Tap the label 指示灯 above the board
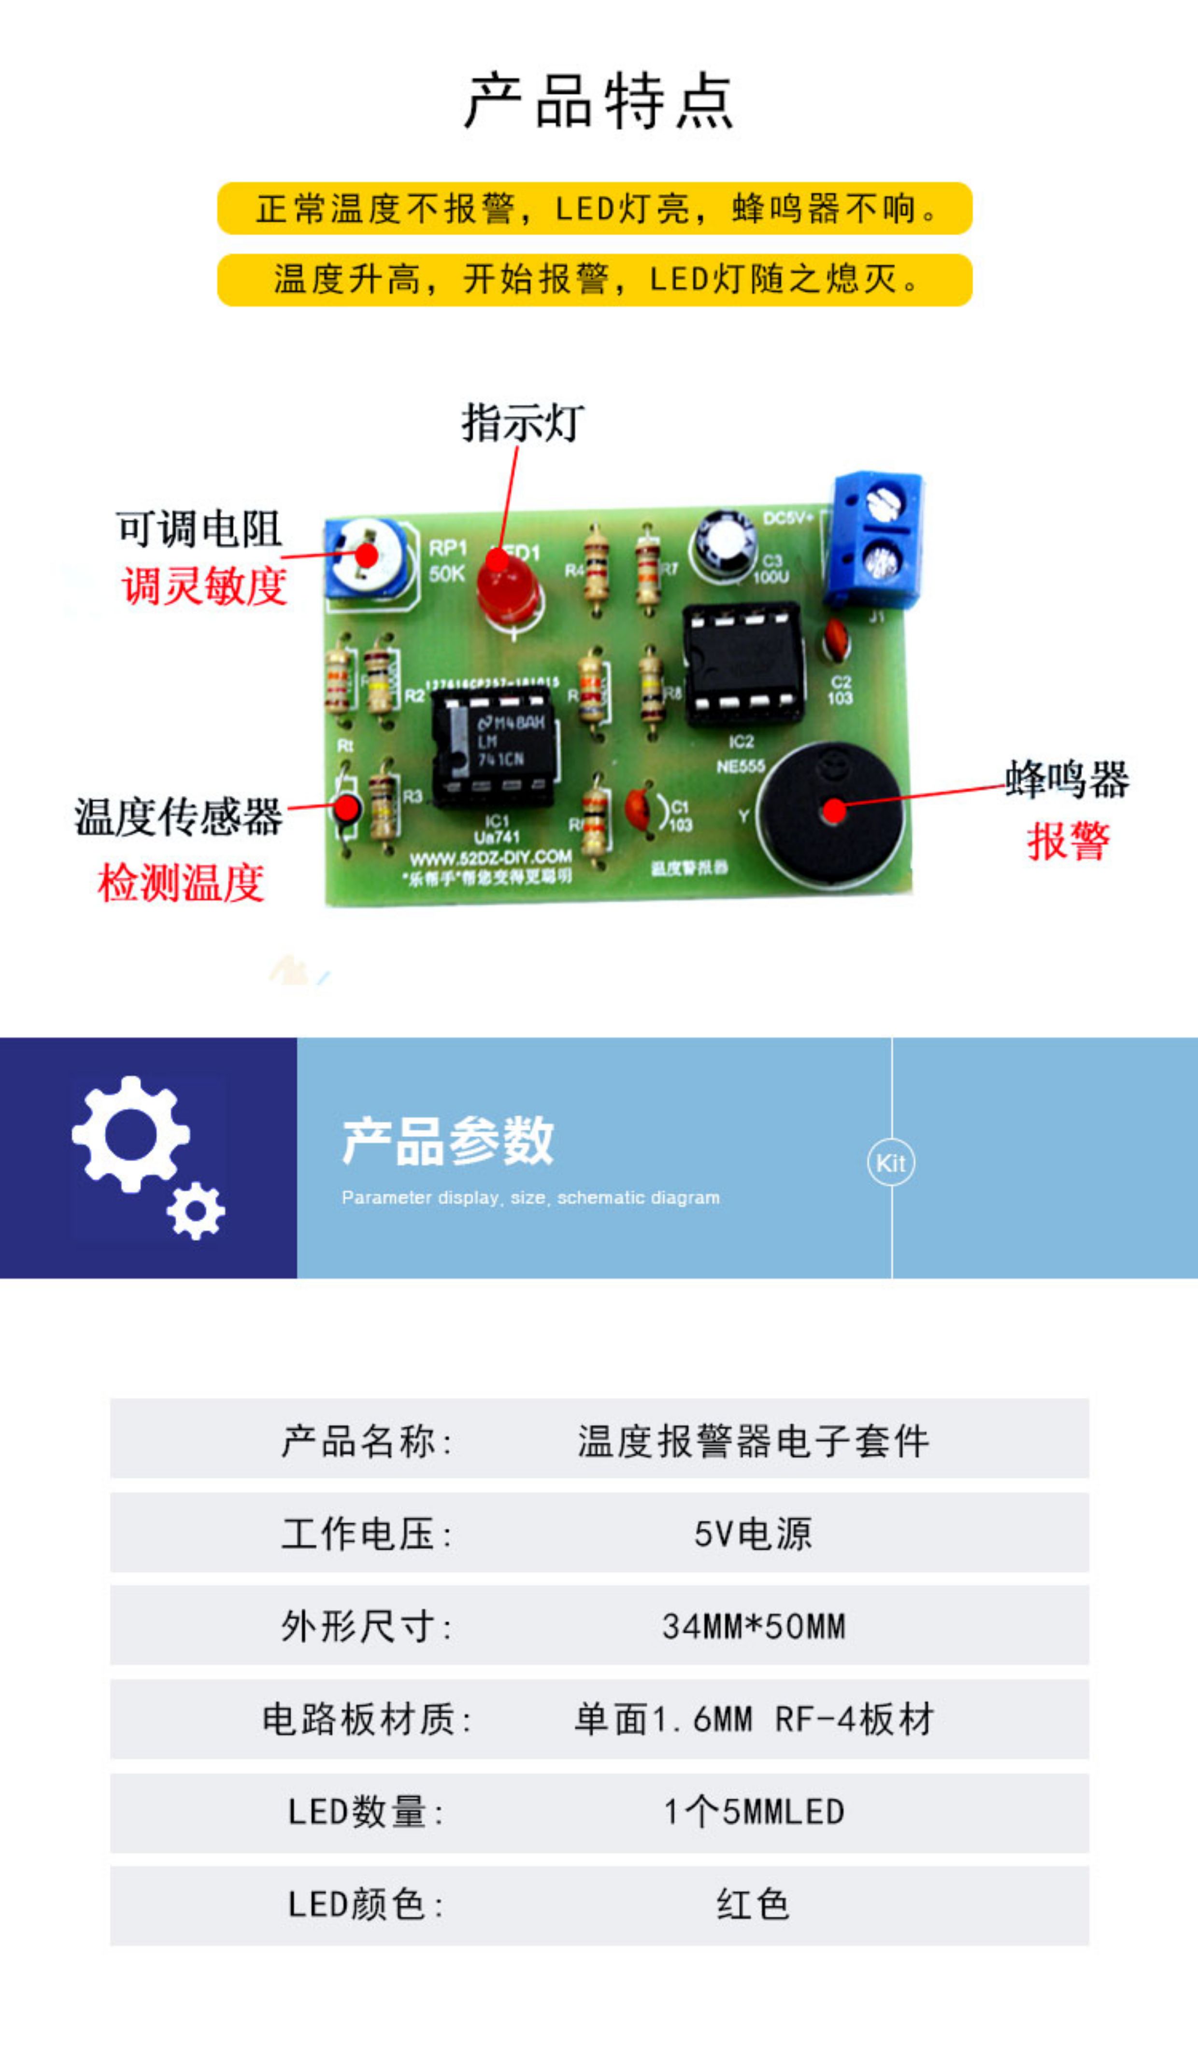[x=523, y=423]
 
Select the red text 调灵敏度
[x=205, y=586]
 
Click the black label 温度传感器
[x=179, y=817]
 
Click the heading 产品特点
[x=599, y=101]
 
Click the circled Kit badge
[x=891, y=1164]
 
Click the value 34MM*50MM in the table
[x=754, y=1627]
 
